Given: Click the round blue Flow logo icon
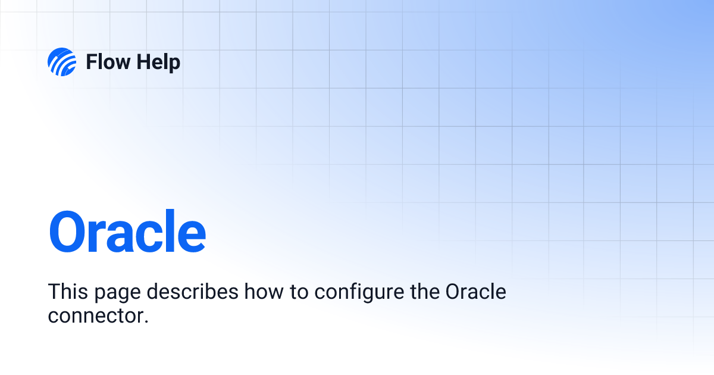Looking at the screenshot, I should (x=62, y=62).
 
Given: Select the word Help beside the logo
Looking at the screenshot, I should (x=157, y=62).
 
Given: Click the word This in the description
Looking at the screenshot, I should (x=67, y=292).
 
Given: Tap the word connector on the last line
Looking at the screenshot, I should (x=95, y=315).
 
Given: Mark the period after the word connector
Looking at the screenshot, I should (x=145, y=321).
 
